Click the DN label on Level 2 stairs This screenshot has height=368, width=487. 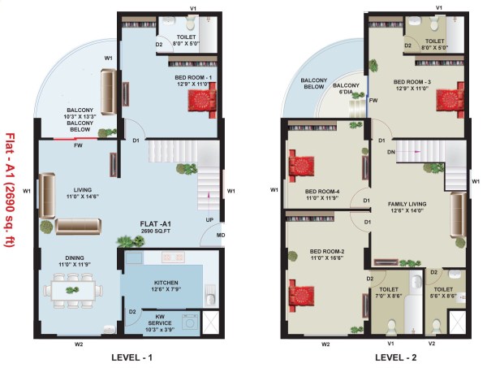(x=390, y=151)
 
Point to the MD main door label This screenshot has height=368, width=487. (x=220, y=236)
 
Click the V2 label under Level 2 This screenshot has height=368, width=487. (x=432, y=344)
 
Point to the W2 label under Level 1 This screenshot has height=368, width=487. (x=79, y=344)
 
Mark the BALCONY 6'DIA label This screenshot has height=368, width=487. (x=346, y=89)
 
